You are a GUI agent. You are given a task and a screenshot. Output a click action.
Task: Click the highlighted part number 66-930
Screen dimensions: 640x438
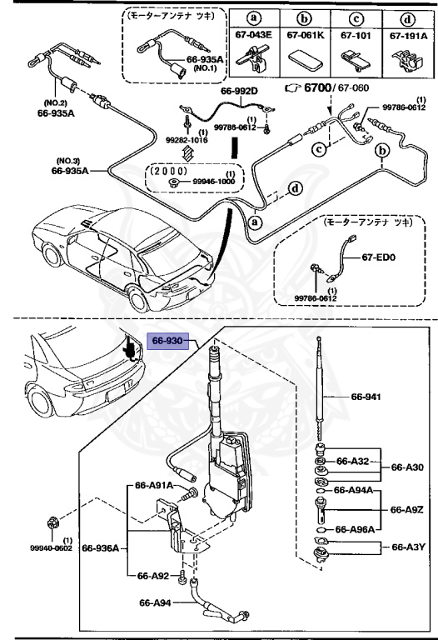tap(170, 340)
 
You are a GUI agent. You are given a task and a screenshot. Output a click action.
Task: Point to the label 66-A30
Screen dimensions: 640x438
tap(406, 468)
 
